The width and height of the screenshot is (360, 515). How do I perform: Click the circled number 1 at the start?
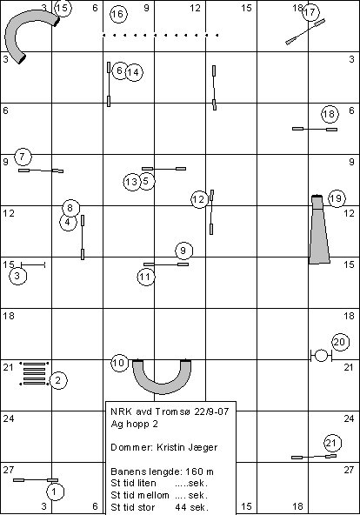[x=55, y=492]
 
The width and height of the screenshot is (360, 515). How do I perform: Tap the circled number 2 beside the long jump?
[x=58, y=381]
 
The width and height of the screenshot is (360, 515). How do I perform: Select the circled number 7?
[x=23, y=157]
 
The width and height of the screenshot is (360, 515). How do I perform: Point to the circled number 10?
[x=119, y=363]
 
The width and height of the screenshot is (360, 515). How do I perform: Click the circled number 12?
[x=199, y=199]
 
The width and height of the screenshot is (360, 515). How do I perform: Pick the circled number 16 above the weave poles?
[x=118, y=14]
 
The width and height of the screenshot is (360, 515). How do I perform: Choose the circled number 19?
[x=337, y=198]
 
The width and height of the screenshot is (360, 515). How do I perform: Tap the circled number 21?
[x=332, y=444]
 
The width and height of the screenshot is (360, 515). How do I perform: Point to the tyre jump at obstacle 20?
[x=321, y=356]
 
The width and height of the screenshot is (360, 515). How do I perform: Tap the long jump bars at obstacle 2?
[x=34, y=373]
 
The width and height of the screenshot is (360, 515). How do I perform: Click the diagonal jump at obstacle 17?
[x=305, y=31]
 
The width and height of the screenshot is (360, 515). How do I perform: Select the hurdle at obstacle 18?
[x=315, y=129]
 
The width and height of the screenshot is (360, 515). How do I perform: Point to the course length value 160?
[x=194, y=472]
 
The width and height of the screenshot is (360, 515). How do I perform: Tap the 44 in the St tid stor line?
[x=180, y=507]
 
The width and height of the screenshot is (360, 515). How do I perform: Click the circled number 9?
[x=183, y=251]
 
